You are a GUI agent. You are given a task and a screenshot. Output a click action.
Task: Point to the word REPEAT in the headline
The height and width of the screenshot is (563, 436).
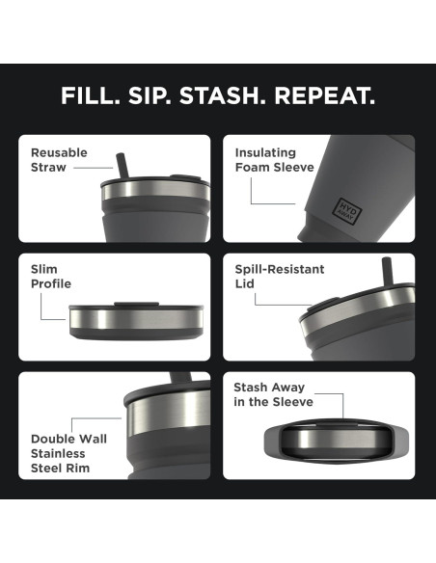(325, 95)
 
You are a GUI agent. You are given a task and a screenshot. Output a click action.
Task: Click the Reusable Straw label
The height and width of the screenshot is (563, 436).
(59, 160)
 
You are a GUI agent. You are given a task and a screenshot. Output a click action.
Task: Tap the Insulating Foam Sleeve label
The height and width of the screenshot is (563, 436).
(274, 160)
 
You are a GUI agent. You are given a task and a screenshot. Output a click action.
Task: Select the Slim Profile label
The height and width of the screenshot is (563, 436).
(50, 277)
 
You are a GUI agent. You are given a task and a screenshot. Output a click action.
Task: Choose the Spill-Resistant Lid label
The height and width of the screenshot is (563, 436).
(280, 277)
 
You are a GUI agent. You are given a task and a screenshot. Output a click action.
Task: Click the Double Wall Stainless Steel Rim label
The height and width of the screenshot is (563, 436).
(68, 453)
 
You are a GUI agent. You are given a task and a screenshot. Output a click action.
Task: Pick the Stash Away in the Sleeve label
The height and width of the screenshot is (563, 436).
(273, 394)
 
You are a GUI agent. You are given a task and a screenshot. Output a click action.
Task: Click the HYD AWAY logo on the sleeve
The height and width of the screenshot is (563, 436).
(346, 211)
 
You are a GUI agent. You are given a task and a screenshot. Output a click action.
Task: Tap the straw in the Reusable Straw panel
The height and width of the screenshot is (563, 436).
(123, 166)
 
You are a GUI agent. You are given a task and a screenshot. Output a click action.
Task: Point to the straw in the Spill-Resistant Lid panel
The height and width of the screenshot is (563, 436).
(387, 271)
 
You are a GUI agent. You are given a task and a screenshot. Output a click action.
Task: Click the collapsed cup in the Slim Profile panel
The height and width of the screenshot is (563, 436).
(136, 321)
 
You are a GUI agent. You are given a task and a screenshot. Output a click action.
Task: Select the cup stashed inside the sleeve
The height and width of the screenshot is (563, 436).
(336, 440)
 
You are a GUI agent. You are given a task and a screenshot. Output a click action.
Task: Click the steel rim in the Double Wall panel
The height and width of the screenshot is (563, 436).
(168, 411)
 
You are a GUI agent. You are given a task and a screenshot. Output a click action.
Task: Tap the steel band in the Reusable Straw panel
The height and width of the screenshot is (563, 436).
(155, 190)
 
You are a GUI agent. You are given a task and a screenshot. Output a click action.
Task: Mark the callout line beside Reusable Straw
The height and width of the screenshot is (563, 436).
(93, 168)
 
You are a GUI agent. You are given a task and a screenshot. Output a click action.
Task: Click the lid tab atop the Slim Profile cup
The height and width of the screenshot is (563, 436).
(136, 304)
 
